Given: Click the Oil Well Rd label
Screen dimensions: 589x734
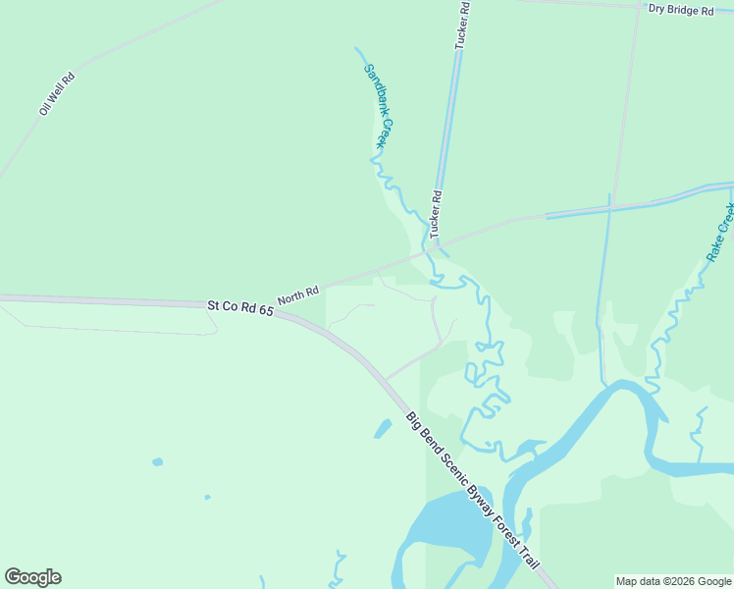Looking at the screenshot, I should coord(57,94).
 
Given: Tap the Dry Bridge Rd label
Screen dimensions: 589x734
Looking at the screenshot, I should coord(680,10).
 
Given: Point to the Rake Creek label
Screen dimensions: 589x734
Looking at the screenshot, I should coord(720,232).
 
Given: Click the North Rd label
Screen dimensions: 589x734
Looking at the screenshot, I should coord(298,294).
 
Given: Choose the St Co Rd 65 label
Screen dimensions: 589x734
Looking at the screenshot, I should coord(239,308).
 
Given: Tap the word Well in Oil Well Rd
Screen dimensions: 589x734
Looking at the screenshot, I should coord(58,93).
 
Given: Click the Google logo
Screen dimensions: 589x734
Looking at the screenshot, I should coord(32,577).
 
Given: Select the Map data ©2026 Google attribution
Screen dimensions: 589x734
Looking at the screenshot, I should coord(673,581).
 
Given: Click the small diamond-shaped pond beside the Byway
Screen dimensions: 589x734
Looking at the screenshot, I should coord(383,429).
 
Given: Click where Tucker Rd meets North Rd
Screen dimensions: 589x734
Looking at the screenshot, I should coord(433,245).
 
